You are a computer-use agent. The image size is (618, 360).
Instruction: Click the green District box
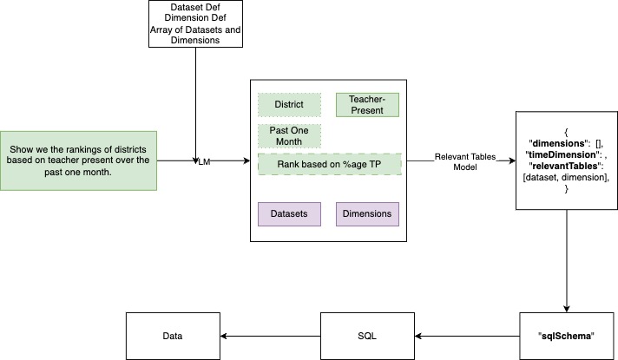pyautogui.click(x=289, y=105)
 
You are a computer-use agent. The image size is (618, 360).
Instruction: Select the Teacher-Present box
pyautogui.click(x=366, y=105)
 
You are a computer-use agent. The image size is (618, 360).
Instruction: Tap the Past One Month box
pyautogui.click(x=289, y=135)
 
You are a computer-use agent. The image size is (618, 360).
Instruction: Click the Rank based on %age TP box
pyautogui.click(x=331, y=164)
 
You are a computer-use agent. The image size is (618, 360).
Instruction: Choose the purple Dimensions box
pyautogui.click(x=366, y=213)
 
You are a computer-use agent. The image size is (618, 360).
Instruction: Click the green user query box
pyautogui.click(x=79, y=160)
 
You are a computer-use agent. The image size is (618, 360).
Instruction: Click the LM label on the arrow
pyautogui.click(x=206, y=160)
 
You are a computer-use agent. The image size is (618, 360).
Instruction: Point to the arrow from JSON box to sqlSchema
pyautogui.click(x=566, y=260)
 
